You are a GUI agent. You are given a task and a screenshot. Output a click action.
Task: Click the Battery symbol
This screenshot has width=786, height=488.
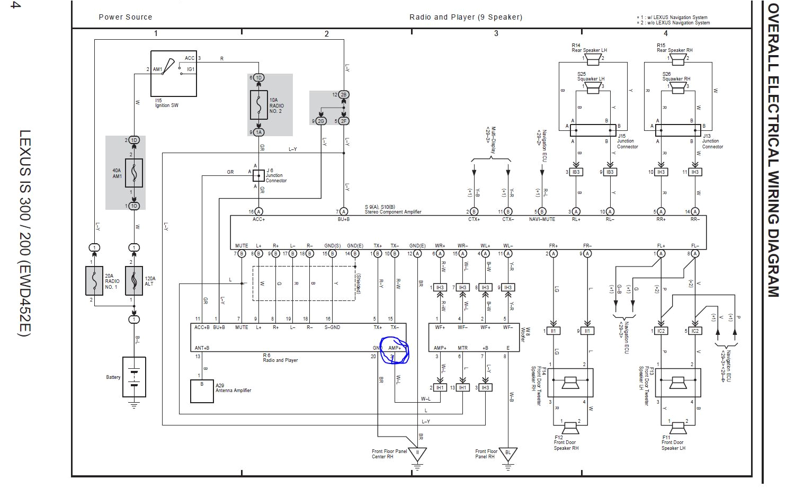click(134, 377)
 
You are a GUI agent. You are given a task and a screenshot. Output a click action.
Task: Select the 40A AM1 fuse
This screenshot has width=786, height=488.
click(134, 173)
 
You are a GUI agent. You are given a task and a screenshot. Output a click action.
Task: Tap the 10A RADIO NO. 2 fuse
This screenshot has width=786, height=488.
click(259, 105)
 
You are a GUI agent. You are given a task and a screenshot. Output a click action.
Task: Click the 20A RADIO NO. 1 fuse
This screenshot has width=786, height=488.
click(94, 281)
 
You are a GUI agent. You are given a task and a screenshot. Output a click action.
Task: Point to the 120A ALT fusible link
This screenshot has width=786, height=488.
click(134, 281)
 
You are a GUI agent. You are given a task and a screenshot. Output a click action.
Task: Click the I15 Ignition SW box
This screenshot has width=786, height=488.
click(174, 74)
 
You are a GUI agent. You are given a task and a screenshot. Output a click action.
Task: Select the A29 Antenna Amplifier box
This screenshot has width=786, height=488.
click(202, 391)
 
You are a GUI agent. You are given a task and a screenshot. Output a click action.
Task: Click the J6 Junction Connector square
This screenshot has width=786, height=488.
click(258, 175)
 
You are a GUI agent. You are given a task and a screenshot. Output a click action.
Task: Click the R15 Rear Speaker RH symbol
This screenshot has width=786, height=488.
click(678, 58)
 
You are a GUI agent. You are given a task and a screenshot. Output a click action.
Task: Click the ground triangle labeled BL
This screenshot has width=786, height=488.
click(508, 455)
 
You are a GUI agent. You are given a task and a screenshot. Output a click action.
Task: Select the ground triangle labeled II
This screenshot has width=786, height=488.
click(417, 455)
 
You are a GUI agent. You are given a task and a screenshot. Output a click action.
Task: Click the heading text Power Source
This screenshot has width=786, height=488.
click(126, 17)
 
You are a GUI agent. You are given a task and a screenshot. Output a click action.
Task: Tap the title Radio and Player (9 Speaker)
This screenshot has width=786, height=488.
click(466, 17)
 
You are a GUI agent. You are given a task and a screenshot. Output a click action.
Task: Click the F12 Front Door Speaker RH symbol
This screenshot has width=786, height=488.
click(570, 427)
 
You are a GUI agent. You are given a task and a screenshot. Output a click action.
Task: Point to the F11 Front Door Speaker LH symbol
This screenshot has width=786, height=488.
click(678, 427)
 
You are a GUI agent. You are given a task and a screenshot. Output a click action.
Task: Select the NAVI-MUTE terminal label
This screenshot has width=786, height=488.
click(542, 219)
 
